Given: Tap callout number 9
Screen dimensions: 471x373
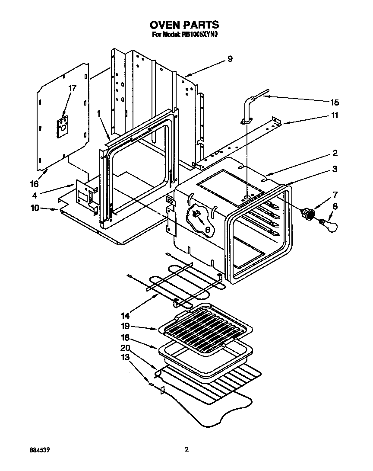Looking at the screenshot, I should [x=230, y=59].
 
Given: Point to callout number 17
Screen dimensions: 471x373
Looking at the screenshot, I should [x=72, y=88].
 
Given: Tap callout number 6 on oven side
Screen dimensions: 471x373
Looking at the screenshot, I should [x=207, y=230].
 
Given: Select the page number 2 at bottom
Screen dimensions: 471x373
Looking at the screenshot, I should [x=186, y=449].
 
